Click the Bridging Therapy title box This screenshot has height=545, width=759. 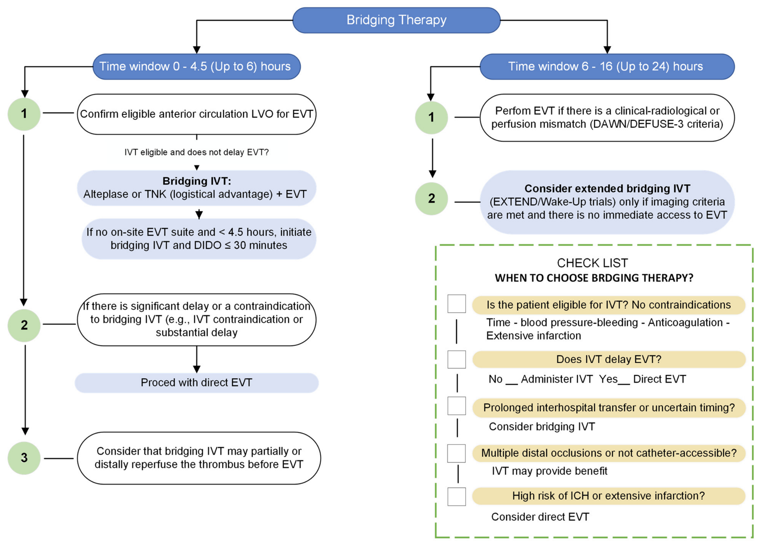click(396, 20)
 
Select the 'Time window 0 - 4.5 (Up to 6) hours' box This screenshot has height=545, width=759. click(196, 66)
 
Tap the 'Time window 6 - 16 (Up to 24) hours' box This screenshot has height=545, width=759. click(607, 66)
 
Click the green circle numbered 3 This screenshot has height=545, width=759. click(24, 458)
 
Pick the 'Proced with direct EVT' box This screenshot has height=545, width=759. click(196, 383)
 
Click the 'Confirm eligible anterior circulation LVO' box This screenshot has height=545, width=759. click(196, 114)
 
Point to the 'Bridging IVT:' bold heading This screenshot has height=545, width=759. click(197, 181)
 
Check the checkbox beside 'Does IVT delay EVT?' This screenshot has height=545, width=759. click(456, 359)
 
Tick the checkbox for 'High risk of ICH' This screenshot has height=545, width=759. click(456, 496)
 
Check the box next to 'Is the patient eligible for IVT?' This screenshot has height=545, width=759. click(456, 304)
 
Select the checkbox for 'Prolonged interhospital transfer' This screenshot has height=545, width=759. click(456, 406)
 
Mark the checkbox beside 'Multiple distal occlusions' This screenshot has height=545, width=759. click(456, 453)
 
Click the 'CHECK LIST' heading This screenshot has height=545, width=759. click(592, 263)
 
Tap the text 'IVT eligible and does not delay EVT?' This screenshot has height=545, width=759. click(196, 152)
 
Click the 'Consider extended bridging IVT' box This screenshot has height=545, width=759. click(607, 202)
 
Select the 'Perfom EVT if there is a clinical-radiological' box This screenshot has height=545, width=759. click(607, 117)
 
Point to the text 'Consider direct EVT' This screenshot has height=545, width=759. click(540, 517)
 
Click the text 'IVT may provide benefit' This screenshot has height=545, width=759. click(550, 471)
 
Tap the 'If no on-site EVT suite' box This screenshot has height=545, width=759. click(199, 239)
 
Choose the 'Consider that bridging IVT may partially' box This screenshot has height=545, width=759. click(199, 458)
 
